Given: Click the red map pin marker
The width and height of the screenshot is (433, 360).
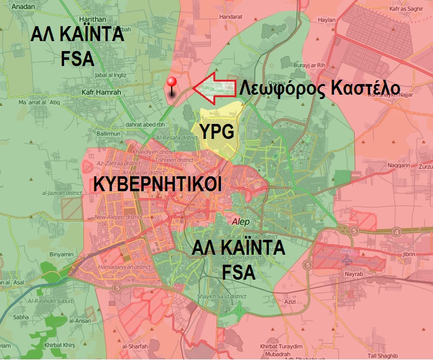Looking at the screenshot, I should point(172,86).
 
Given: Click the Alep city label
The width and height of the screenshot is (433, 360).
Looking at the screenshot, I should point(240,220).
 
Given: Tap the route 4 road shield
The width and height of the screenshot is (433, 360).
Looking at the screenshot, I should point(397,232).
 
